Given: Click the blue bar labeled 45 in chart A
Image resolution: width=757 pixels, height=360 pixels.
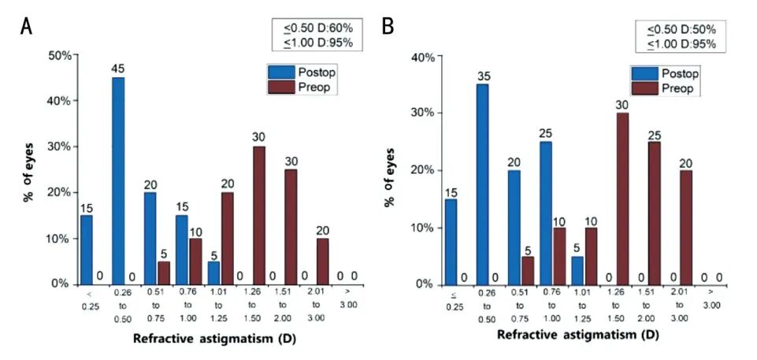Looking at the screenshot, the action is [x=118, y=181].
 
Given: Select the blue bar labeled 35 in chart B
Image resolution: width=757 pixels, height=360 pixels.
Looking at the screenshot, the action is [x=482, y=184].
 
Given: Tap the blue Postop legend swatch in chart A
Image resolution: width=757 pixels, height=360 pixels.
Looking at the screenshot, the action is [x=280, y=72].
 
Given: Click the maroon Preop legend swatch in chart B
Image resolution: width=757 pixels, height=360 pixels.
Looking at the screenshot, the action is [x=644, y=88].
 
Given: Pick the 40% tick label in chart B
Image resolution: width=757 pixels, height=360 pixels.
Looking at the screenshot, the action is [x=423, y=57].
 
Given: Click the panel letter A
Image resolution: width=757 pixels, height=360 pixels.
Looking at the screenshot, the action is [x=27, y=27].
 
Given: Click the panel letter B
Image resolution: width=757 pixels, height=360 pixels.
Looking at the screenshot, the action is [x=388, y=27].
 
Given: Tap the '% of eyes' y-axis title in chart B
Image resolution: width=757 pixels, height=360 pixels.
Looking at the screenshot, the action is [x=390, y=170].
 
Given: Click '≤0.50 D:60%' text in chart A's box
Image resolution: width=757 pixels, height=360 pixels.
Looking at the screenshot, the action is [x=318, y=28].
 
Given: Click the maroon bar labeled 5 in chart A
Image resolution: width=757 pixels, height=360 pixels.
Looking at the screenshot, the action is [x=164, y=273].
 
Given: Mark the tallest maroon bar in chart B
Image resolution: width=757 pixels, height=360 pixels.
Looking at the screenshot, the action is [x=623, y=199].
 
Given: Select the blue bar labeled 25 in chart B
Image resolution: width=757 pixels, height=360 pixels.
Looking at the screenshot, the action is [x=545, y=213].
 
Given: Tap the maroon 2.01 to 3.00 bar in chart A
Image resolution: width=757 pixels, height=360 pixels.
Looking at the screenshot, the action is [x=322, y=262].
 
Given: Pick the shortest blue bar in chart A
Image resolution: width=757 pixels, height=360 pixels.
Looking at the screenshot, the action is [x=214, y=273].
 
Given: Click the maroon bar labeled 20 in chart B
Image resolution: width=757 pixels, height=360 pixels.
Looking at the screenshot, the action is [x=685, y=228].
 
